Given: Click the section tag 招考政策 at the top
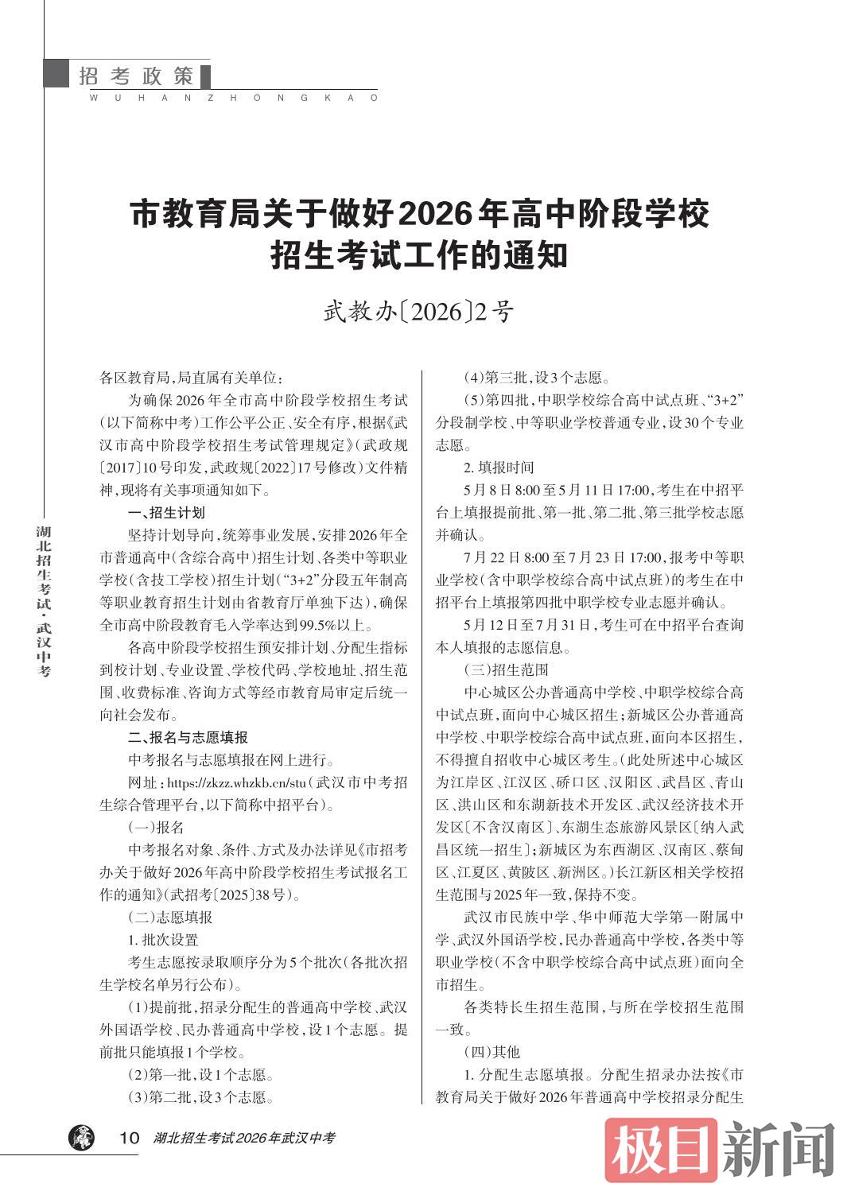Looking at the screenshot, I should click(136, 76).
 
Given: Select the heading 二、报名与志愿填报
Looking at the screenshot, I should click(188, 737).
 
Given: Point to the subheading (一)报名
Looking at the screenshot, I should click(156, 827).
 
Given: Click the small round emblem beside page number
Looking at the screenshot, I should click(80, 1138).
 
